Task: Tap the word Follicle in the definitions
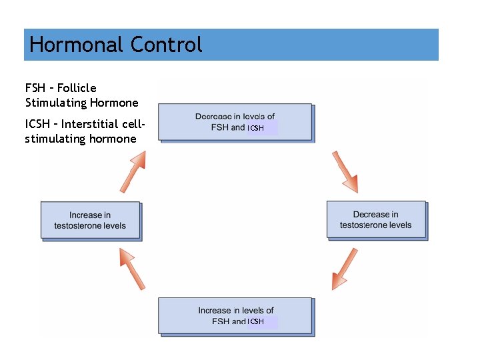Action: (77, 88)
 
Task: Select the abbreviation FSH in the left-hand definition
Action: (35, 88)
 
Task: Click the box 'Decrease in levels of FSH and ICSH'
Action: (235, 121)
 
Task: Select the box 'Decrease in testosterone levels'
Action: (375, 219)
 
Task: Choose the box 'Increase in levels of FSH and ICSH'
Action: (235, 315)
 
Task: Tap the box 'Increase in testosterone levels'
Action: (90, 220)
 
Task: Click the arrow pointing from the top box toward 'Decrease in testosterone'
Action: (345, 171)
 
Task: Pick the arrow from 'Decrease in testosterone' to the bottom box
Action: (345, 269)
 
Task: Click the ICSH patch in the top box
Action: (262, 127)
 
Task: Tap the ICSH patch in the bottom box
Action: (262, 321)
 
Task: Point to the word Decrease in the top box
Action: (213, 117)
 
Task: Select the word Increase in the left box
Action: (85, 215)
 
